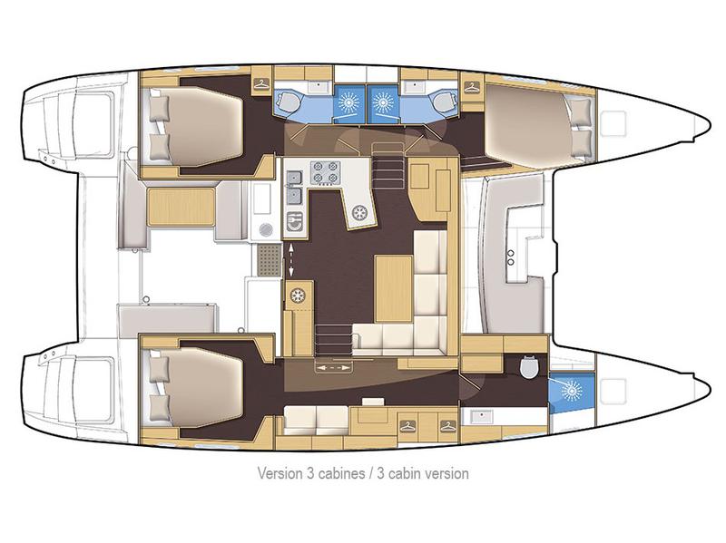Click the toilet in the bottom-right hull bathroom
[x=529, y=367]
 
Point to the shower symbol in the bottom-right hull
[x=570, y=390]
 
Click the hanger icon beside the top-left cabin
[x=261, y=84]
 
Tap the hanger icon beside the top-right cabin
[x=471, y=86]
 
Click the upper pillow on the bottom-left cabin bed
[x=159, y=367]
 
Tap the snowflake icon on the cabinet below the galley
[x=297, y=296]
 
